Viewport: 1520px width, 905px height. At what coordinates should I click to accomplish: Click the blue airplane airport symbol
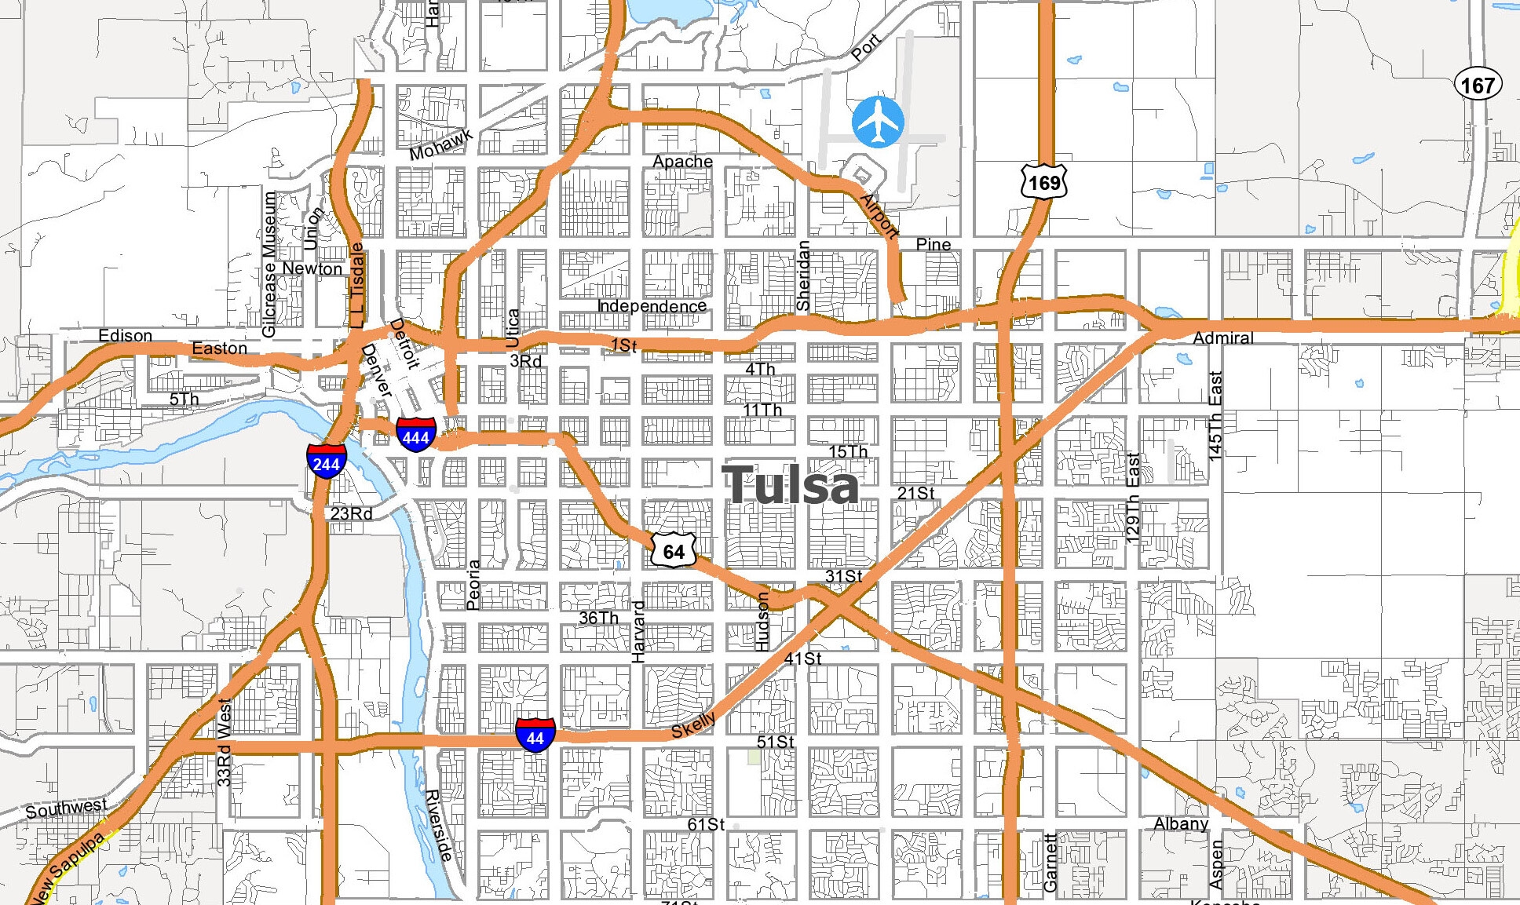[x=878, y=122]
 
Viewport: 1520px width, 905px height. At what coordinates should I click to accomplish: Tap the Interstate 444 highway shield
[x=415, y=436]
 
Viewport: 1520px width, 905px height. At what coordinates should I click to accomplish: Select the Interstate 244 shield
[x=326, y=462]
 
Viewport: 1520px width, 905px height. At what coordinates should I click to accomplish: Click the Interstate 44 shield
[x=535, y=736]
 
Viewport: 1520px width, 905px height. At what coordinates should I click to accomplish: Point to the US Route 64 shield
[x=674, y=551]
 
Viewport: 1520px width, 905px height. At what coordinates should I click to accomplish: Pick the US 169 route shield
[x=1044, y=182]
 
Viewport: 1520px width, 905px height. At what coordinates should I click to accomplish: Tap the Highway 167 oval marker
[x=1478, y=85]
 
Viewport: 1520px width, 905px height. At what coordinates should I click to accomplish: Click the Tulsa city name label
[x=790, y=485]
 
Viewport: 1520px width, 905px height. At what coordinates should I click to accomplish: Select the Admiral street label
[x=1222, y=338]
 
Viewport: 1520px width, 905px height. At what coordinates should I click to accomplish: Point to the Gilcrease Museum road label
[x=269, y=265]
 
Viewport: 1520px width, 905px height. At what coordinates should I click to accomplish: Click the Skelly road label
[x=693, y=726]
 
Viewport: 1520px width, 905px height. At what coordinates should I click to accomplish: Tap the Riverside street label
[x=438, y=825]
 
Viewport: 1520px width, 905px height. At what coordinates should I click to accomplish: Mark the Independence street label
[x=652, y=306]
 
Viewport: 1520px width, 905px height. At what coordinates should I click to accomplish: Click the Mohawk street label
[x=440, y=144]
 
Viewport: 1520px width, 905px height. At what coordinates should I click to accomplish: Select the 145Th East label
[x=1215, y=416]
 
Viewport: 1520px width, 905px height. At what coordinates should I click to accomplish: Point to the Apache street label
[x=682, y=162]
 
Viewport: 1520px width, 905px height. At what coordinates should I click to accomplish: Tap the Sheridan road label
[x=802, y=276]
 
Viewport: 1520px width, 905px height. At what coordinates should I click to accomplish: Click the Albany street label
[x=1180, y=823]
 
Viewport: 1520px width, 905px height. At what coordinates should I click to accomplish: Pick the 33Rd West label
[x=224, y=743]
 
